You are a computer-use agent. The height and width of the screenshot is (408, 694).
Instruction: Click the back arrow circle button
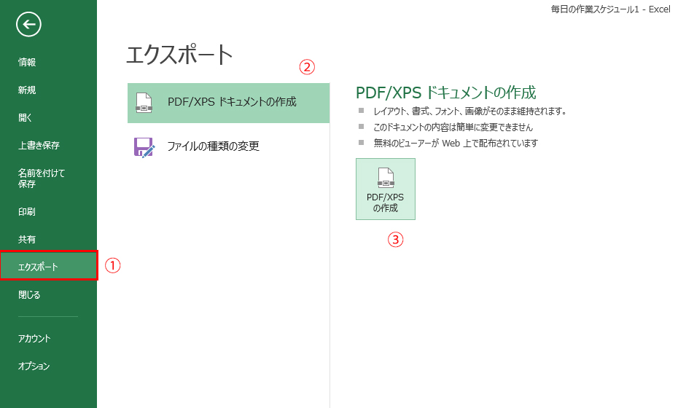pos(28,24)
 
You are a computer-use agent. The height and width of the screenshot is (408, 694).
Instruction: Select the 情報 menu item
pos(27,63)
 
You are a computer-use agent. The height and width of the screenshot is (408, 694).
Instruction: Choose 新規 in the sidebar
pos(27,90)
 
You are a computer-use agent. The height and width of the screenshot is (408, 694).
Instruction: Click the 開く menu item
pos(25,118)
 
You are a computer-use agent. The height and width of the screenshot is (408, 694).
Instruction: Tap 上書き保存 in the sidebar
pos(39,146)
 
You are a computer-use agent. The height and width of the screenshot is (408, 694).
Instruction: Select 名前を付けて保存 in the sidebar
pos(41,178)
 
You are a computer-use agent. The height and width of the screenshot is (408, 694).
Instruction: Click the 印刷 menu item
pos(27,212)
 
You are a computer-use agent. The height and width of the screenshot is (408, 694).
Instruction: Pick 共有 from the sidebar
pos(27,240)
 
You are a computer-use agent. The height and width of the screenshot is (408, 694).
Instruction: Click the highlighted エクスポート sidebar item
pos(49,265)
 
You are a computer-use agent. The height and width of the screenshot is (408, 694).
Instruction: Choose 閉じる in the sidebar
pos(29,295)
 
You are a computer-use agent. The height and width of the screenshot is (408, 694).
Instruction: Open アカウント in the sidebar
pos(34,339)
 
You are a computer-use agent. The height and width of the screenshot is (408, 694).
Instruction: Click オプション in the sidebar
pos(34,366)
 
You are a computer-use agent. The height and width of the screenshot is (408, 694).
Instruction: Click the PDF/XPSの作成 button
pos(386,189)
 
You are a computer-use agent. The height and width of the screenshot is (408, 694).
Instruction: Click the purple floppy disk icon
pos(144,147)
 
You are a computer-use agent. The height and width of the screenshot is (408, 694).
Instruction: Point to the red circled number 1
pos(112,265)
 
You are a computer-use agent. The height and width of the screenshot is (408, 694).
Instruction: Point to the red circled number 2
pos(307,67)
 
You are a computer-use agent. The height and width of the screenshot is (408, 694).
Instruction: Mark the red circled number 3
pos(396,240)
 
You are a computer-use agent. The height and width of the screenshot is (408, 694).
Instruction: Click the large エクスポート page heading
pos(179,55)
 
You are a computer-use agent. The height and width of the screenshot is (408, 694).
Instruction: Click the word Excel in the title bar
pos(660,9)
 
